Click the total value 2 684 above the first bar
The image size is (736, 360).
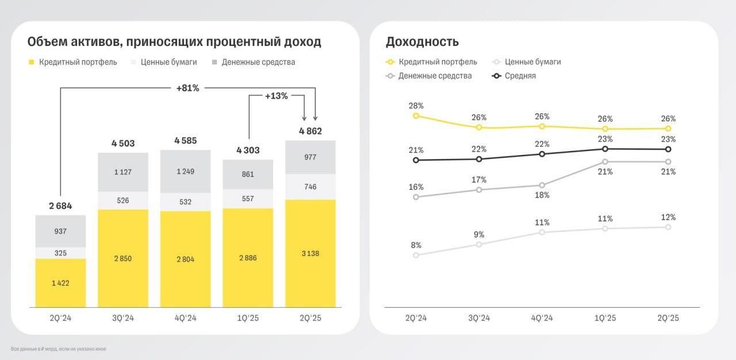[x=60, y=206]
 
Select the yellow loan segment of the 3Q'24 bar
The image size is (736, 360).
[x=122, y=258]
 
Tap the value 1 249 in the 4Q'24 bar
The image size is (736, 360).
[x=185, y=171]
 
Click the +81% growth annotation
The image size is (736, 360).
[x=187, y=88]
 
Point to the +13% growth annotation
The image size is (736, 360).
[x=276, y=96]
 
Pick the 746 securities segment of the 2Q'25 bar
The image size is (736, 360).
[x=310, y=187]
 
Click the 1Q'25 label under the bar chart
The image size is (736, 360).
[x=248, y=318]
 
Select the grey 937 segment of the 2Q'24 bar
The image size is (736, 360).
[x=60, y=231]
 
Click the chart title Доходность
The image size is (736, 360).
[x=422, y=42]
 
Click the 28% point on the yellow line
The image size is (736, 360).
[x=416, y=116]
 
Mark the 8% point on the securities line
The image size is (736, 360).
[x=416, y=255]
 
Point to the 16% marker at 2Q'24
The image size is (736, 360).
[x=416, y=197]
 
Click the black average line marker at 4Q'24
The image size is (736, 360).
[x=542, y=154]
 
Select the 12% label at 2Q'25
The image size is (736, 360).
[x=668, y=217]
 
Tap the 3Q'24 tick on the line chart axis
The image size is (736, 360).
[x=479, y=318]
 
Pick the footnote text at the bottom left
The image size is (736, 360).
[x=58, y=349]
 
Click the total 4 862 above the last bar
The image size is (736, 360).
[x=310, y=131]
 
